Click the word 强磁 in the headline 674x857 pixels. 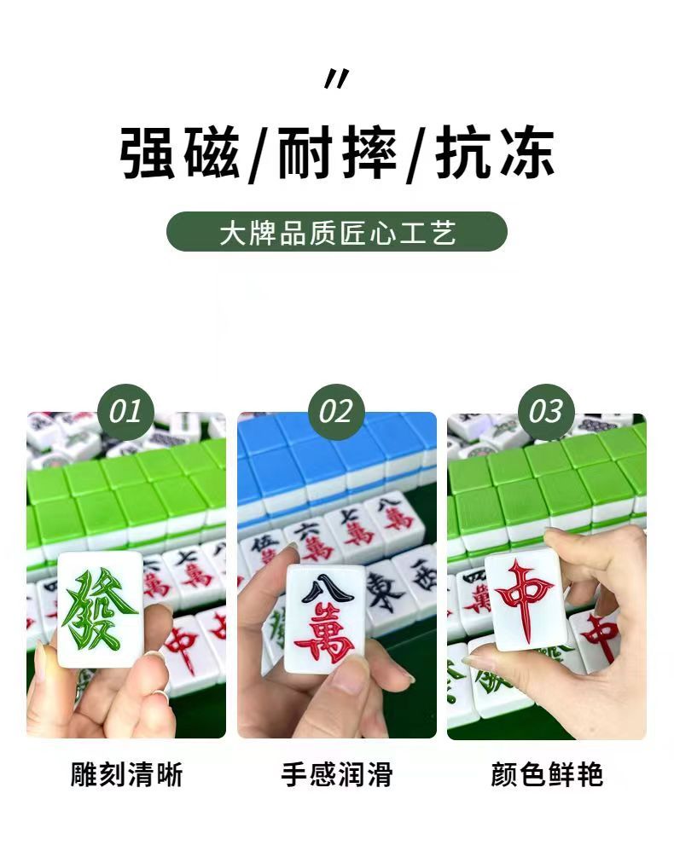coord(180,153)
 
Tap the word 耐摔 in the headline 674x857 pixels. coord(337,153)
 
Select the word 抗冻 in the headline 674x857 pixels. coord(495,153)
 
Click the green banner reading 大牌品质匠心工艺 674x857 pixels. coord(337,232)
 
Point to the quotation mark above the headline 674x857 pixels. coord(337,78)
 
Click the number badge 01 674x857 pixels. coord(125,412)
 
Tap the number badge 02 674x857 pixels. coord(336,412)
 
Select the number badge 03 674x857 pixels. coord(546,412)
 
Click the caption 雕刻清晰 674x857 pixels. coord(126,774)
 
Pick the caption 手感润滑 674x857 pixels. coord(337,774)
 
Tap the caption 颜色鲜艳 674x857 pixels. coord(547,774)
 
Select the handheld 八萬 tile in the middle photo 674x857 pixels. coord(326,619)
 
